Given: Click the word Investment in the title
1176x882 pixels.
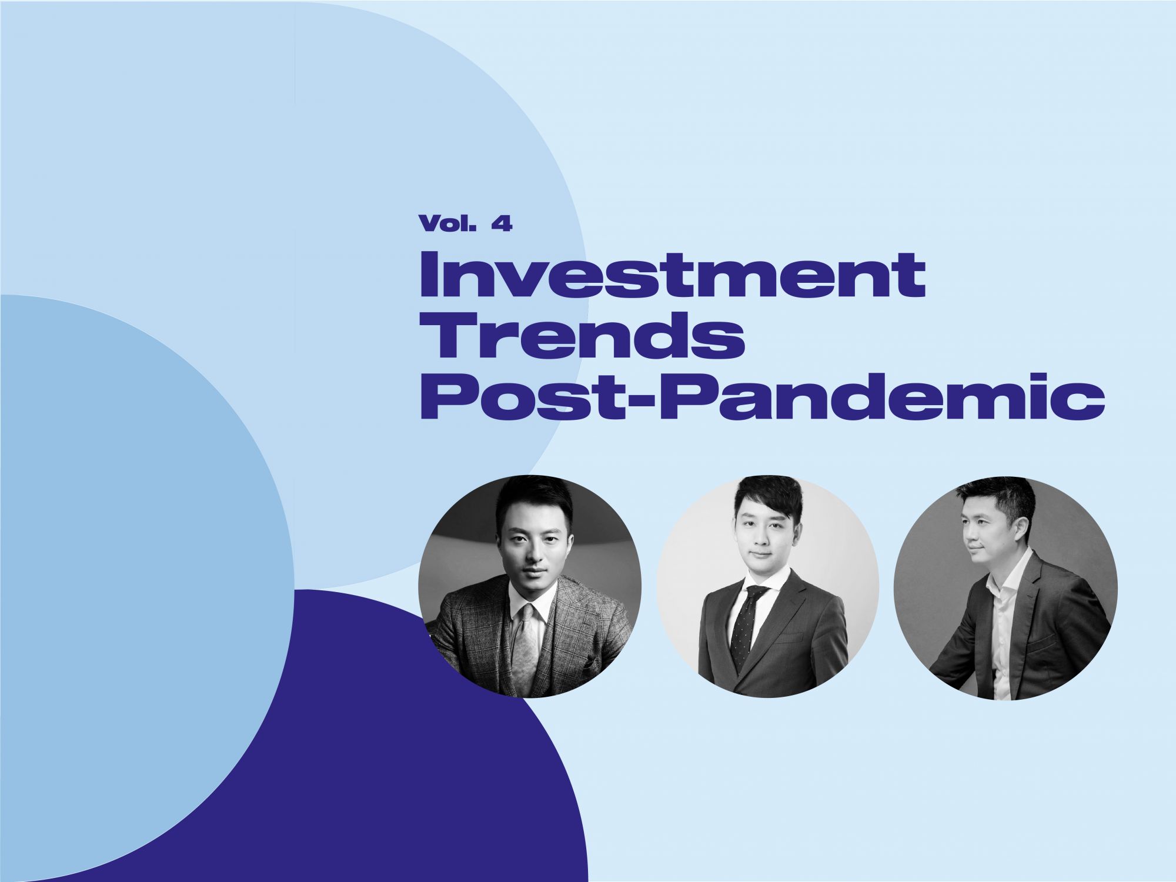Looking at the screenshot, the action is pos(673,274).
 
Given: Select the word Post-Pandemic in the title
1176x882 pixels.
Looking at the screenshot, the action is pos(763,396).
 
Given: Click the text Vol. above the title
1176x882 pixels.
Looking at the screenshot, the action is pos(447,223).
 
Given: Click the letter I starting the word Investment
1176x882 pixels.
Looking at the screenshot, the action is pos(427,274).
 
